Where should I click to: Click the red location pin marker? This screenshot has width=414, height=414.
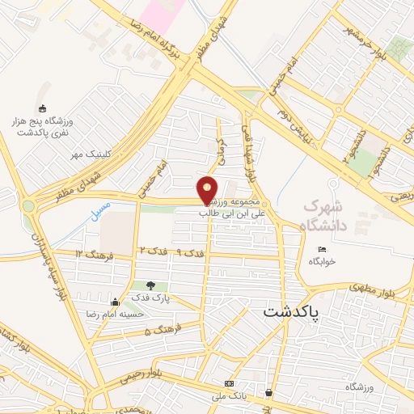click(x=209, y=189)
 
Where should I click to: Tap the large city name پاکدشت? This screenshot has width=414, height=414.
click(x=291, y=310)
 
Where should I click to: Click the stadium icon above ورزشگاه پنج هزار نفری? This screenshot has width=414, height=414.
click(x=42, y=109)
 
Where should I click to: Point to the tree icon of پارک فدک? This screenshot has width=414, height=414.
click(x=150, y=285)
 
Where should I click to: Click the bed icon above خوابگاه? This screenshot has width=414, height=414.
click(x=322, y=249)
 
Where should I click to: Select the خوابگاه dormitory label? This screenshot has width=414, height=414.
click(x=321, y=261)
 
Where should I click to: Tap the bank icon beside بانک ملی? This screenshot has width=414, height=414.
click(x=229, y=383)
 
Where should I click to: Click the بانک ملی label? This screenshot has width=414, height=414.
click(x=229, y=396)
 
